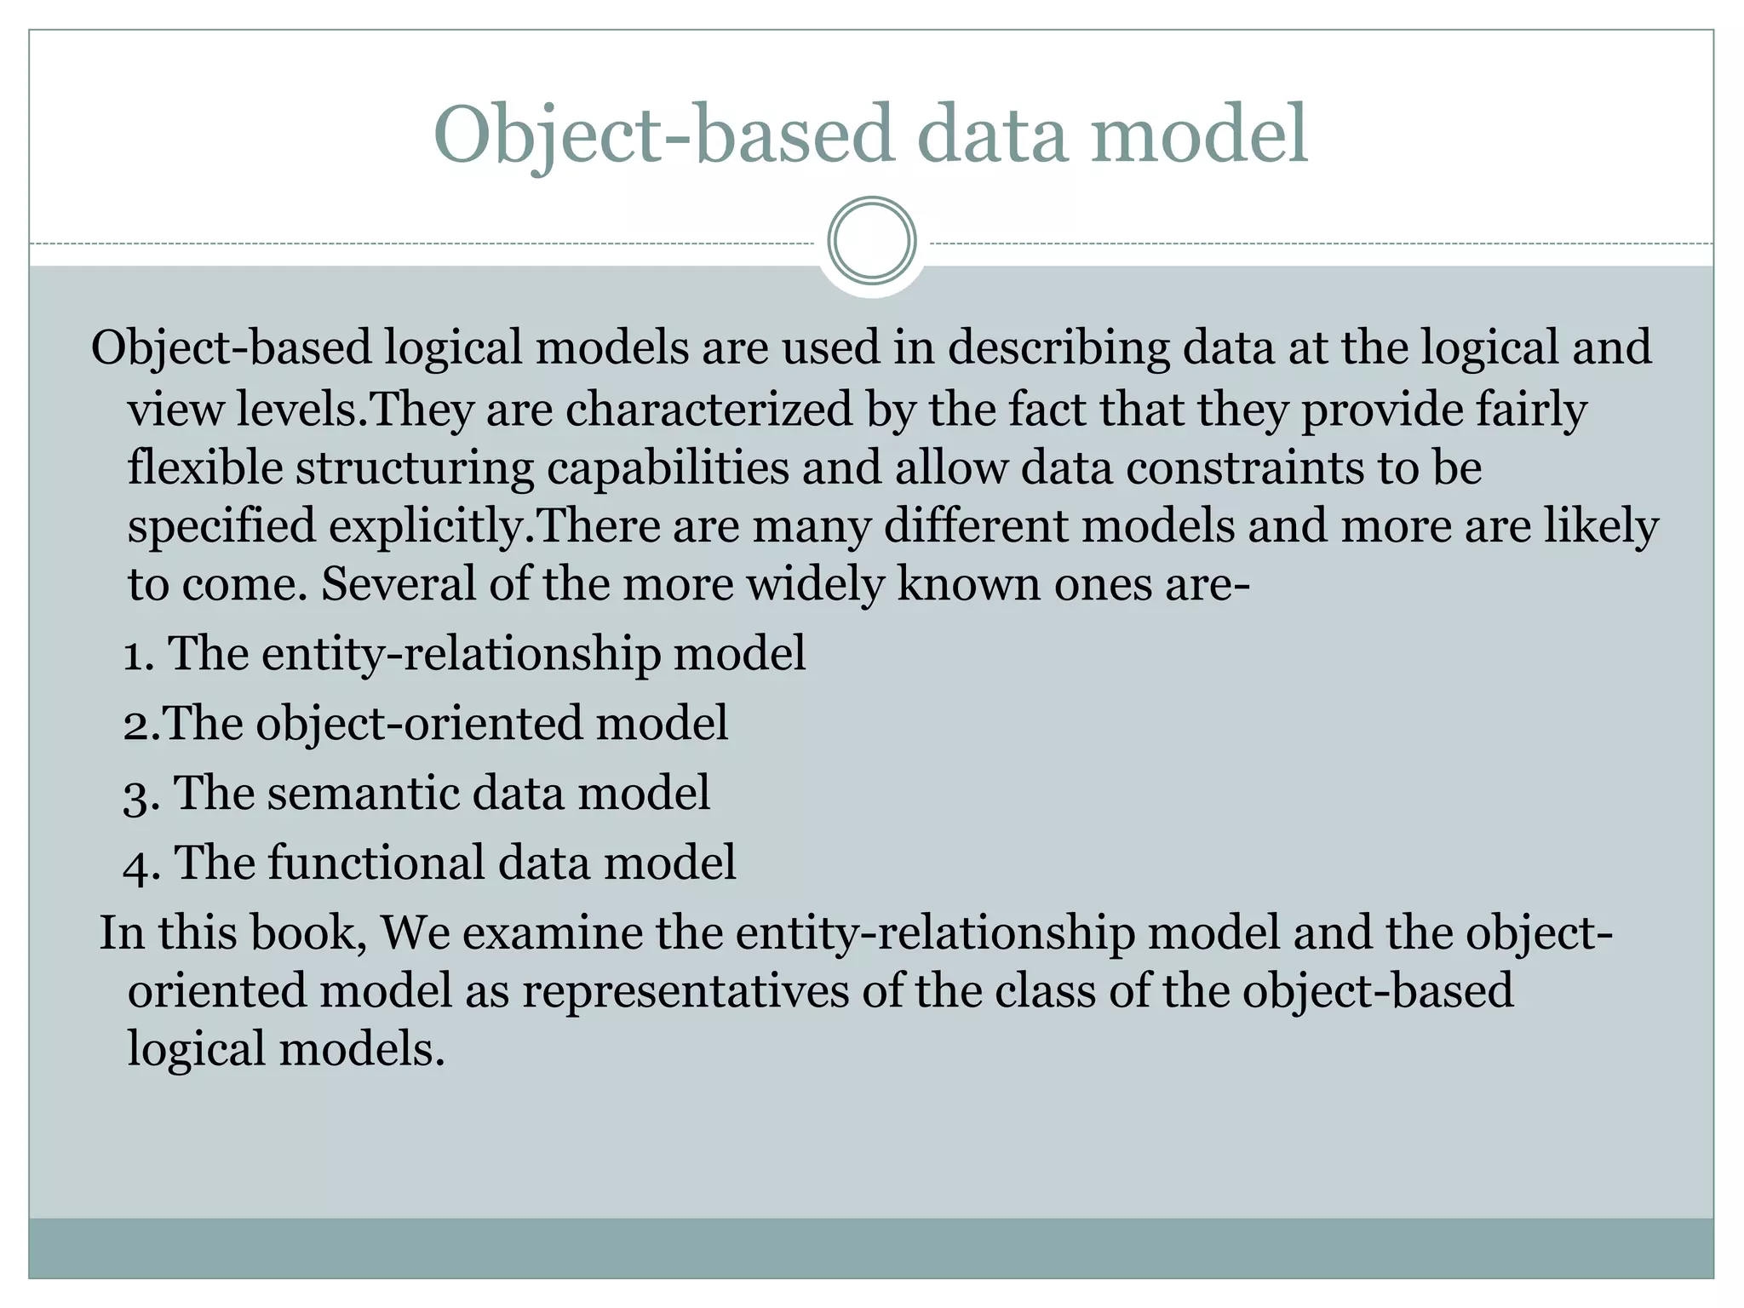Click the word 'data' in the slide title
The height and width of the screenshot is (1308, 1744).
click(993, 135)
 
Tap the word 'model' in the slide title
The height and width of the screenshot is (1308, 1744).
click(1200, 135)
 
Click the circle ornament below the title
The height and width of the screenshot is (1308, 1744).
click(872, 240)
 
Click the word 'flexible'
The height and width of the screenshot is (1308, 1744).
click(204, 468)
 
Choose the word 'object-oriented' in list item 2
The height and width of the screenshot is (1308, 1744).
click(420, 724)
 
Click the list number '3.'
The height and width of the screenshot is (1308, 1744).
click(141, 795)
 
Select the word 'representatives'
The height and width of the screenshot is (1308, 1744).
click(686, 991)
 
